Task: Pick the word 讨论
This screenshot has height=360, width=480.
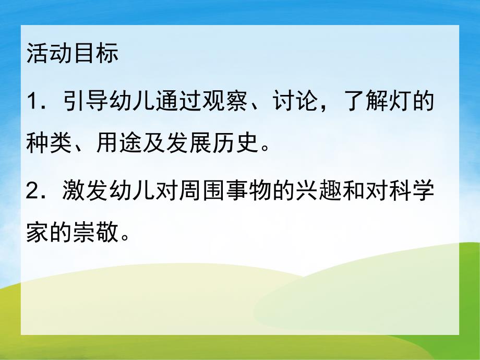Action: click(x=294, y=101)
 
